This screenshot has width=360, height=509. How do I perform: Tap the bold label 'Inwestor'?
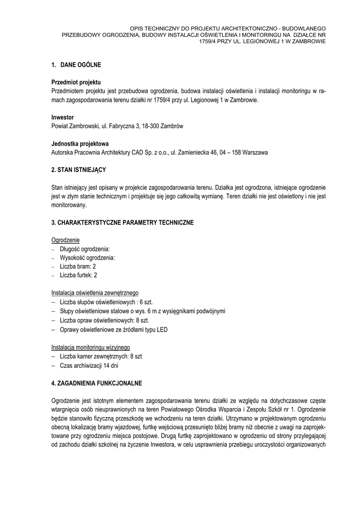click(63, 117)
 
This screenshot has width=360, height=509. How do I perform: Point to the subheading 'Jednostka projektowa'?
click(80, 144)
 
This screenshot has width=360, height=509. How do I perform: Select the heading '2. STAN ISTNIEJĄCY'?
click(79, 170)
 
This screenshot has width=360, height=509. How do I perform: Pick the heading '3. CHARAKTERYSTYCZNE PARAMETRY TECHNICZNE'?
click(122, 222)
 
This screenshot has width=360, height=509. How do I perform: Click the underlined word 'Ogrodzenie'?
click(66, 240)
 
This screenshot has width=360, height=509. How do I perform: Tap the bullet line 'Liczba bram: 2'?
click(78, 266)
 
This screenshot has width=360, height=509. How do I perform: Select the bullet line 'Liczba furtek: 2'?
click(79, 275)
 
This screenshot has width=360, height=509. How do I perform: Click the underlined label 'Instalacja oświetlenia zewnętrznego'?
click(95, 293)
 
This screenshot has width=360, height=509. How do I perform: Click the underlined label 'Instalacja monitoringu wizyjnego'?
click(91, 347)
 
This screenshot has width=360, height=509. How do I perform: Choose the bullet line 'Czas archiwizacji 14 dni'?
click(89, 365)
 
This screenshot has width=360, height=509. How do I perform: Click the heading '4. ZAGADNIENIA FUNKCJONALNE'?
click(97, 383)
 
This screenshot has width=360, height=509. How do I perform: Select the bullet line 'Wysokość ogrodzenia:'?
click(87, 257)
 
